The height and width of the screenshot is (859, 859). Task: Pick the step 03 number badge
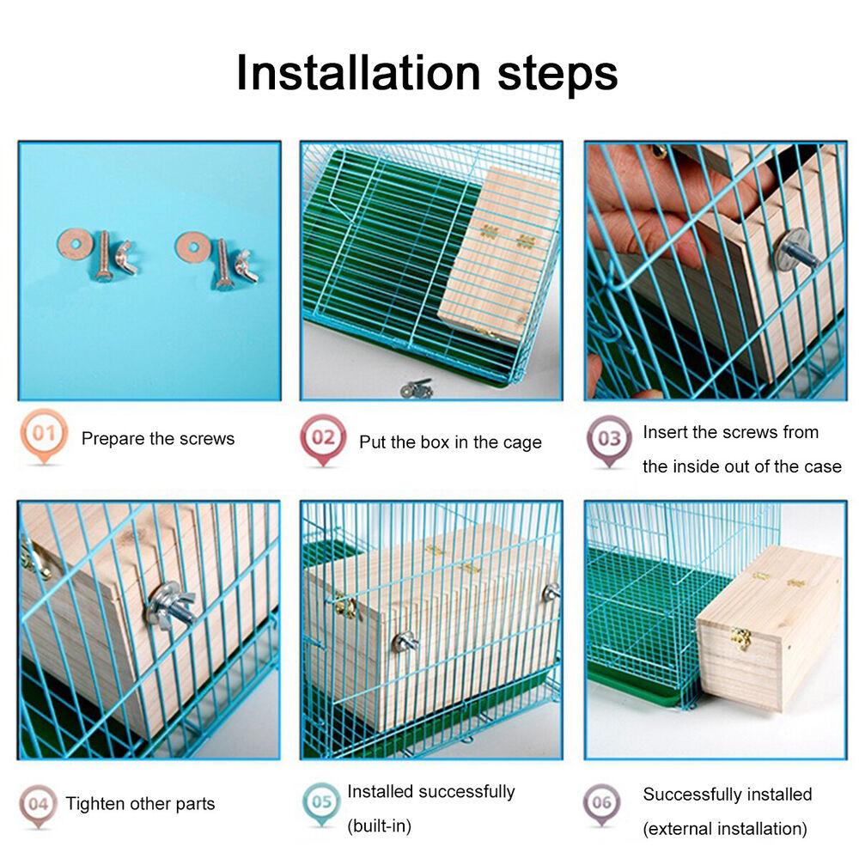[609, 439]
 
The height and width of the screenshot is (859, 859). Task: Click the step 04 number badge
[38, 804]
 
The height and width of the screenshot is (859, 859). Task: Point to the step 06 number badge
[601, 803]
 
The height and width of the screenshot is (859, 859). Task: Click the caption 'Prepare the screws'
[157, 439]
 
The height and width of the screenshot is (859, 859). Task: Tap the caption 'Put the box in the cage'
[450, 442]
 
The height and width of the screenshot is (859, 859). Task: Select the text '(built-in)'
[379, 826]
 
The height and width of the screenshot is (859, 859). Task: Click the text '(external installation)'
[725, 829]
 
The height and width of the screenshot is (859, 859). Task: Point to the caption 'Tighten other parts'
[140, 805]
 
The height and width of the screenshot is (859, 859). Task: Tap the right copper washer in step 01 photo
[191, 247]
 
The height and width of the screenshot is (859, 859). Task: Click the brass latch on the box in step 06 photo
[740, 637]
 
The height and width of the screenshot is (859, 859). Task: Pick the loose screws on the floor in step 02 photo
[417, 389]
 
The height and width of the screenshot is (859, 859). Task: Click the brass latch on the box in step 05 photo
[346, 606]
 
